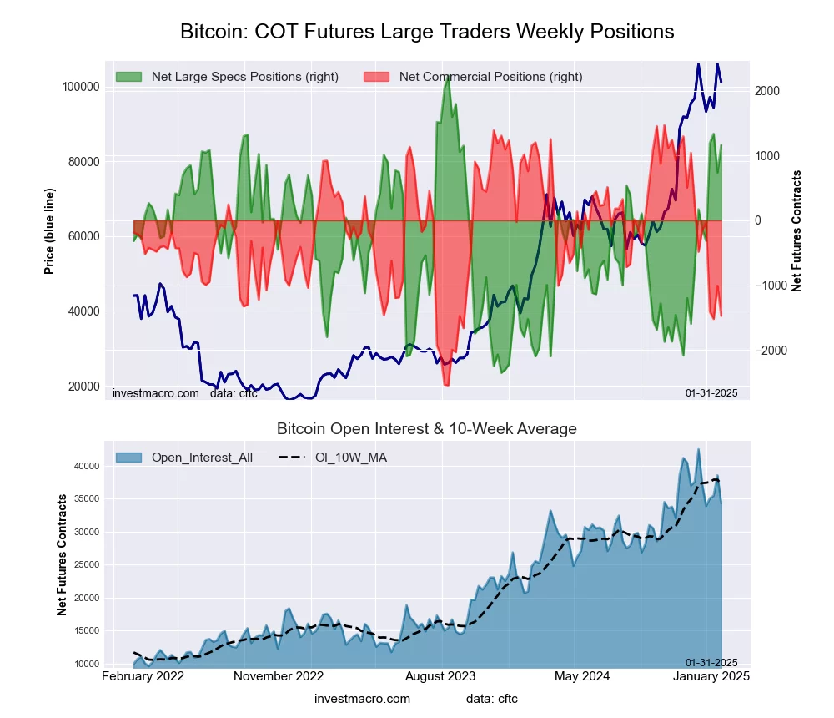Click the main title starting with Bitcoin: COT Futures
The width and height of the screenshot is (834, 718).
(427, 32)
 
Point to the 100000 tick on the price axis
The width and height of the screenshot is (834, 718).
(82, 87)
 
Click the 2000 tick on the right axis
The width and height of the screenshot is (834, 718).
(768, 91)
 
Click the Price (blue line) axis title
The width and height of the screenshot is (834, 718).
(50, 231)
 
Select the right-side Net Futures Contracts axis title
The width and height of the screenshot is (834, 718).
(796, 231)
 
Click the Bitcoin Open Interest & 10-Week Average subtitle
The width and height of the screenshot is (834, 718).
(427, 429)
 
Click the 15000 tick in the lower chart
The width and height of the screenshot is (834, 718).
(87, 631)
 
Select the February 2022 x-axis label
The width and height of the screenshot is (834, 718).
(143, 675)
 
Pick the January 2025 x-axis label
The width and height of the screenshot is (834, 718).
(711, 675)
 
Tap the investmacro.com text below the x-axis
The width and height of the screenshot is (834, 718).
(362, 698)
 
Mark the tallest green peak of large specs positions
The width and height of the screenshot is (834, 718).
(448, 77)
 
